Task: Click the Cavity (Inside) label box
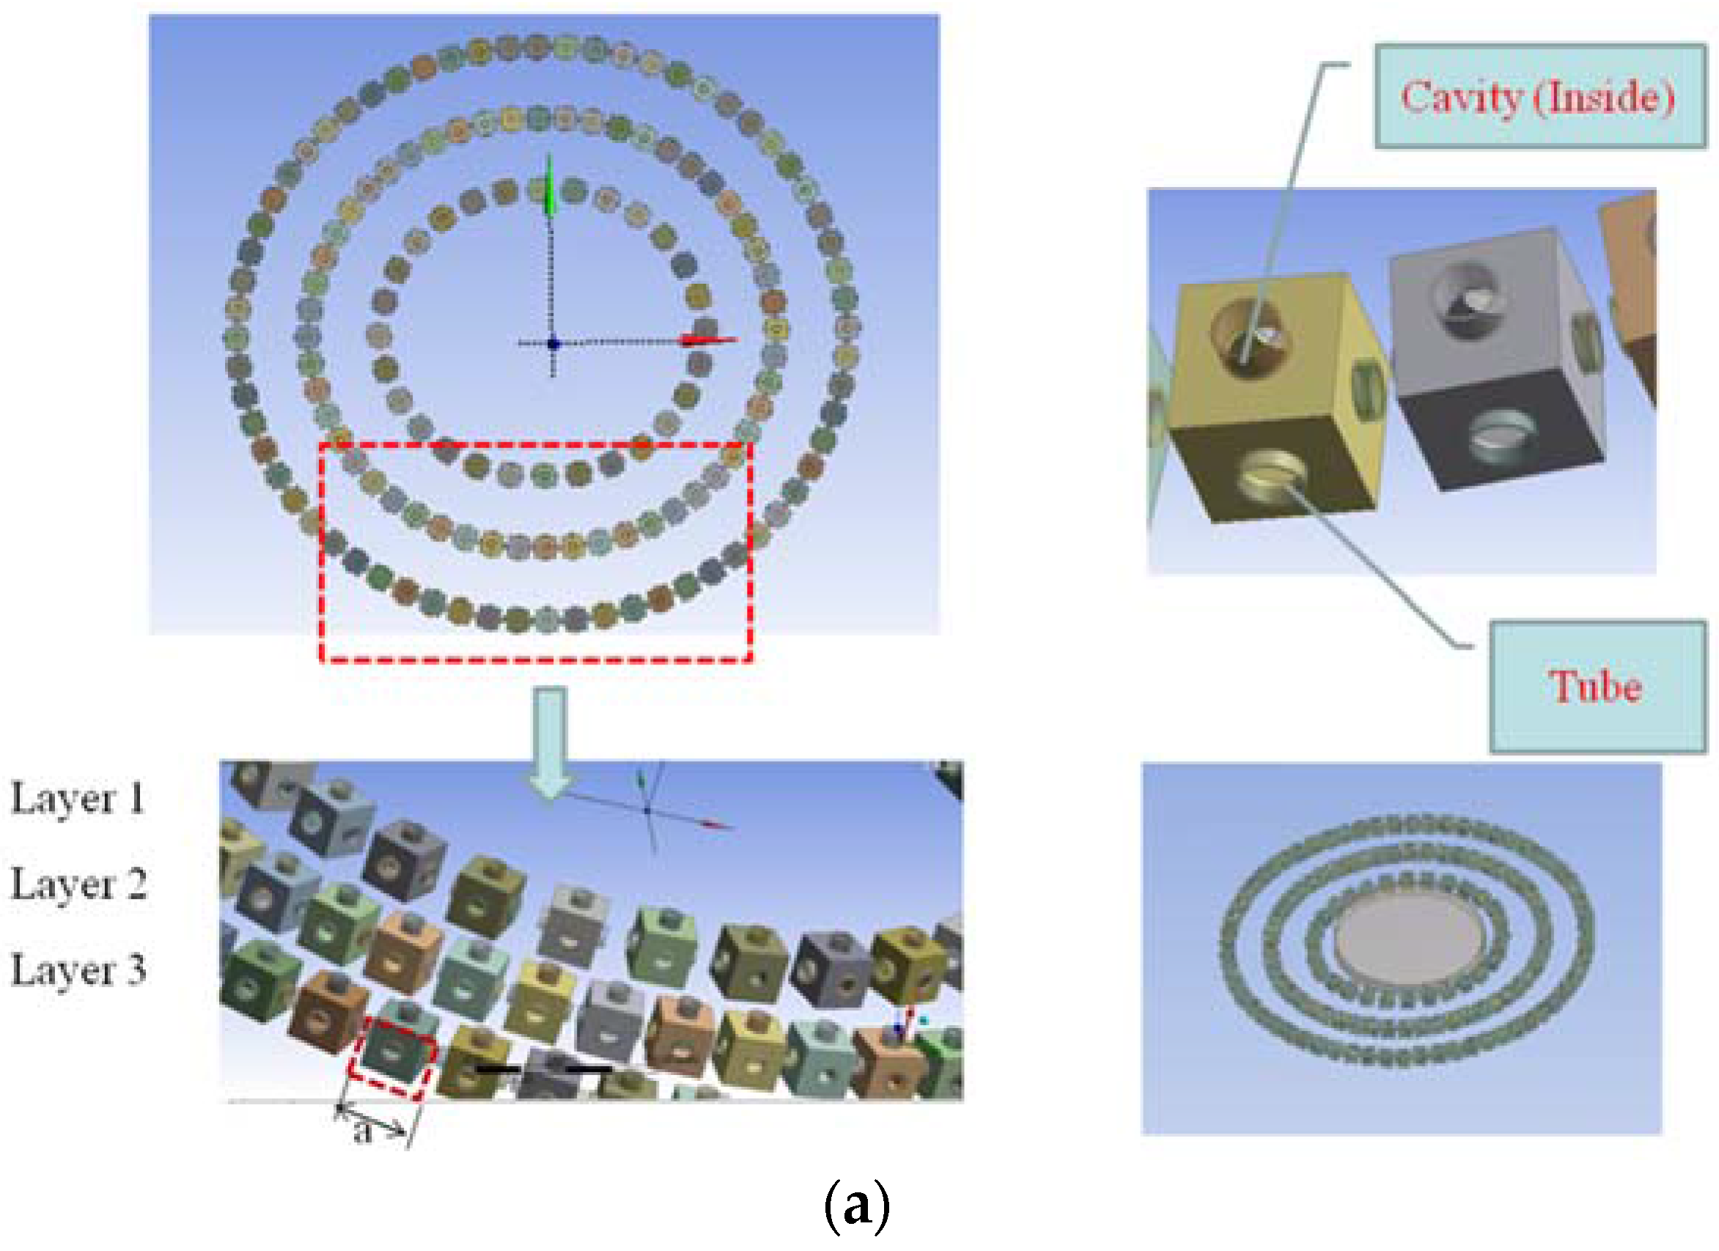pyautogui.click(x=1540, y=96)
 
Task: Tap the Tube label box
pyautogui.click(x=1598, y=686)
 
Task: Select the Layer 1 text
pyautogui.click(x=77, y=799)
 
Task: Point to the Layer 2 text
pyautogui.click(x=78, y=884)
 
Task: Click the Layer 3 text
pyautogui.click(x=78, y=970)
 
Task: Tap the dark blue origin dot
pyautogui.click(x=553, y=343)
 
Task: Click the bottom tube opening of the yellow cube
pyautogui.click(x=1273, y=474)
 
